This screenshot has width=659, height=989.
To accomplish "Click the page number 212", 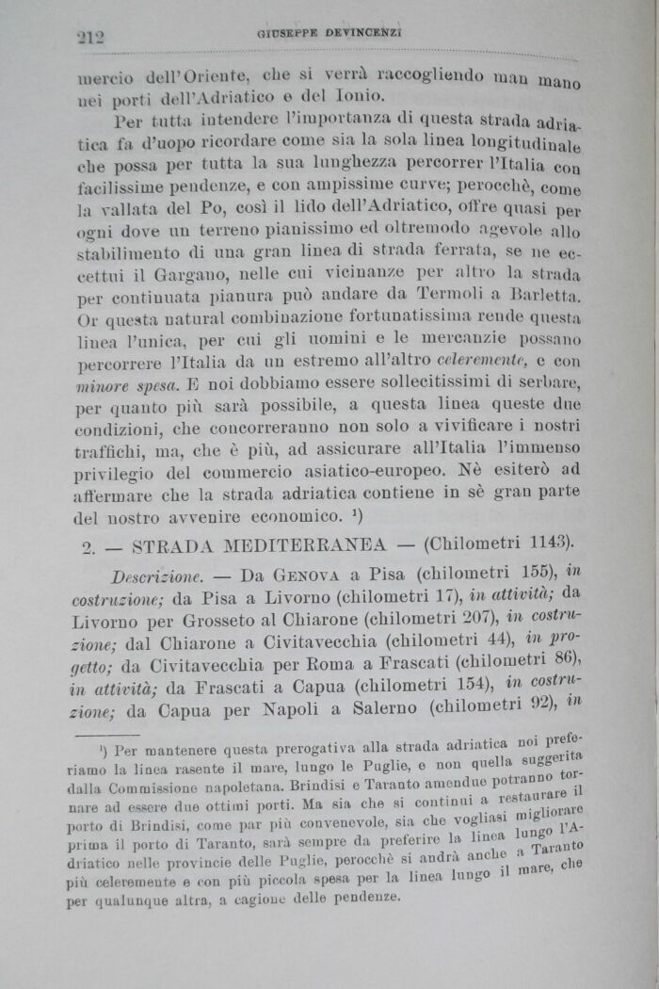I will click(90, 37).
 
